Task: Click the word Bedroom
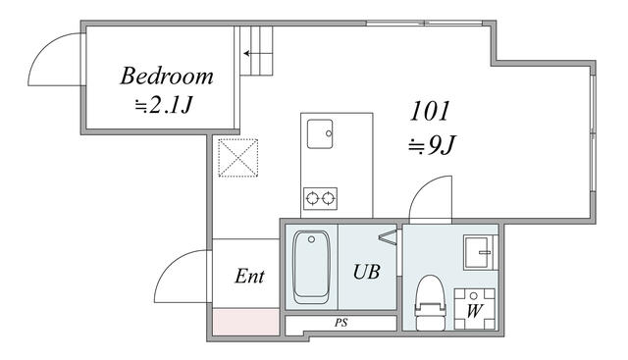tap(166, 77)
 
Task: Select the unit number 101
tap(430, 111)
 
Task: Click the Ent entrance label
tap(249, 277)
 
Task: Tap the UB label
tap(366, 272)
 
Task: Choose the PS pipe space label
tap(341, 323)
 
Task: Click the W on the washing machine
tap(474, 311)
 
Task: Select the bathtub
tap(311, 267)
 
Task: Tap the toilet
tap(430, 302)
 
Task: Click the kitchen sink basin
tap(320, 133)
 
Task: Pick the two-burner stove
tap(320, 198)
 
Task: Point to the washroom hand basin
tap(478, 252)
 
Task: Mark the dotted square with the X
tap(237, 158)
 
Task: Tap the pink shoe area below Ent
tap(245, 322)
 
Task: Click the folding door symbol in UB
tap(388, 237)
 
